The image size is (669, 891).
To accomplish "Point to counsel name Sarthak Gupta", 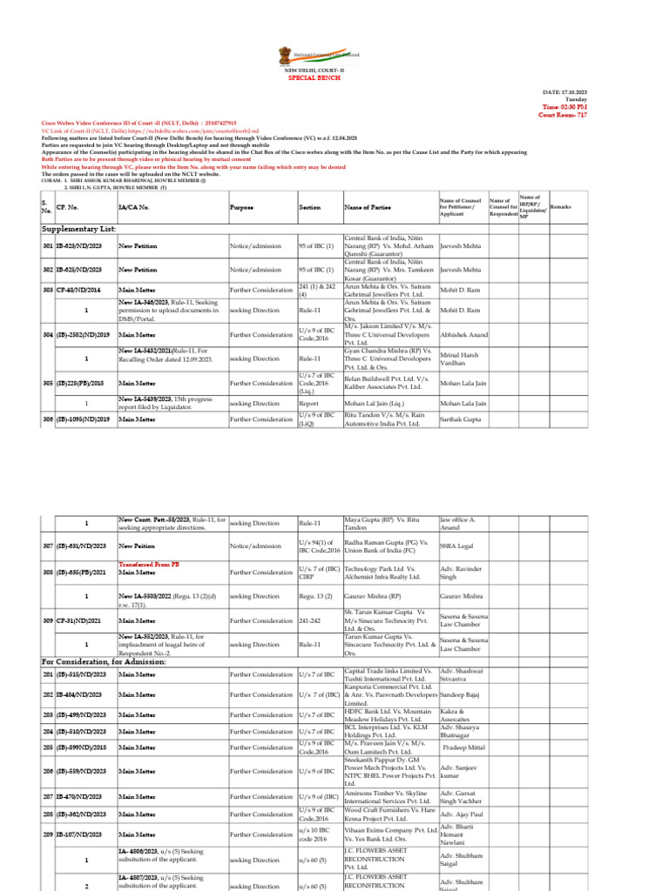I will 463,420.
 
